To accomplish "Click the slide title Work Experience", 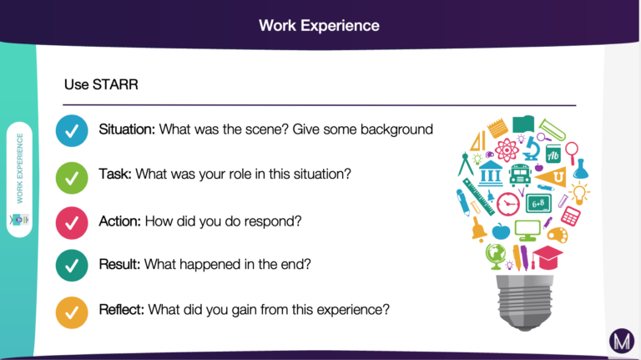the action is [x=319, y=25].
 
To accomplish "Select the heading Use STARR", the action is [x=101, y=84].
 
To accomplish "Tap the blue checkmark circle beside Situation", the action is [x=72, y=131].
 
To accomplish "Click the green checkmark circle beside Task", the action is [x=72, y=178].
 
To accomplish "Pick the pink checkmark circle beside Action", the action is [x=72, y=223].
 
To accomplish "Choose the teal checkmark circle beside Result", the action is [x=72, y=266].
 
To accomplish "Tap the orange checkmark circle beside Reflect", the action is [x=72, y=312].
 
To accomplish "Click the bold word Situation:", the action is [x=127, y=129].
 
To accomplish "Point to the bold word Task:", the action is [x=115, y=174].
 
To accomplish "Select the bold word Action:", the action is [x=120, y=221].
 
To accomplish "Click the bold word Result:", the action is [x=119, y=264].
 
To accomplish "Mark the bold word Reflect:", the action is [x=121, y=309].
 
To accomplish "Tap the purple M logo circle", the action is [x=622, y=341].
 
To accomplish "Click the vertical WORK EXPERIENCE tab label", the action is [x=20, y=168].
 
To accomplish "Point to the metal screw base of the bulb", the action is [x=524, y=302].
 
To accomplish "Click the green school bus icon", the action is [x=520, y=175].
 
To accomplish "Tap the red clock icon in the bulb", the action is [x=508, y=204].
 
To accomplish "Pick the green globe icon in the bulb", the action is [x=496, y=256].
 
